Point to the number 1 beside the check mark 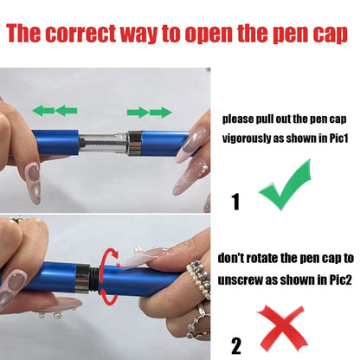coord(235,202)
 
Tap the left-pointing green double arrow coord(55,110)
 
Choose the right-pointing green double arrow coord(148,111)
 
